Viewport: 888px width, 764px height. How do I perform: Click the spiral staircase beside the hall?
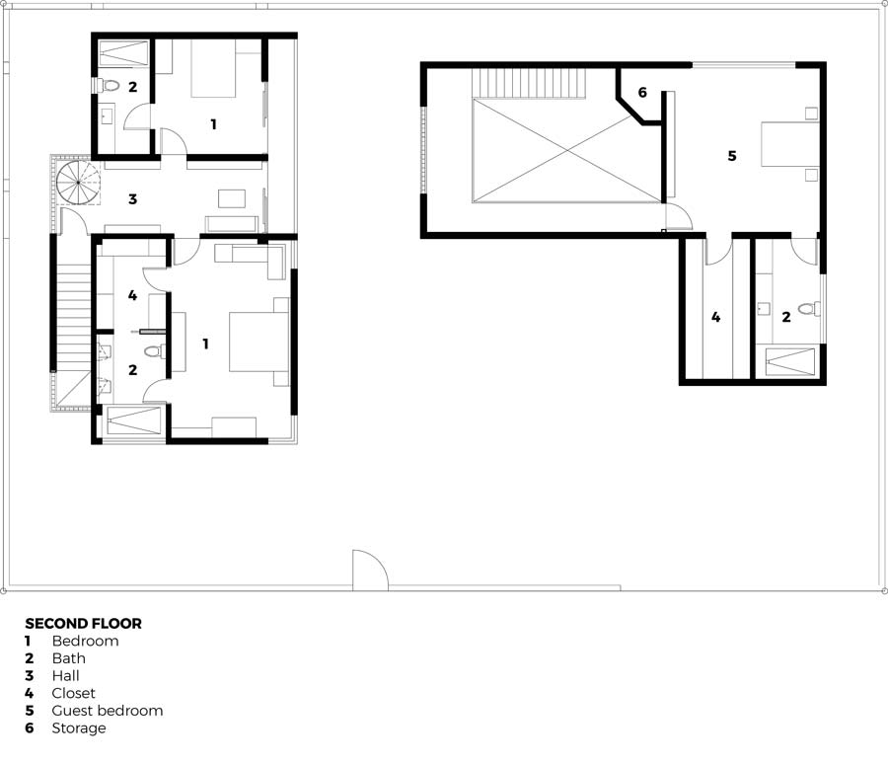click(78, 182)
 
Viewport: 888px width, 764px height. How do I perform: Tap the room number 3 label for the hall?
click(132, 199)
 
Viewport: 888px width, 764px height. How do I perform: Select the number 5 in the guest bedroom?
click(732, 156)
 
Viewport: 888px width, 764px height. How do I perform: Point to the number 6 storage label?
click(642, 93)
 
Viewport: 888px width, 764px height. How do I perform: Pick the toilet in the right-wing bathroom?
click(809, 309)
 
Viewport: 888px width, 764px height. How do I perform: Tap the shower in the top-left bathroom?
click(123, 54)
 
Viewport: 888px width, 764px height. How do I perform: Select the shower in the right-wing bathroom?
click(790, 362)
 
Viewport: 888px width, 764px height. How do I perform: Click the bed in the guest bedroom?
click(790, 144)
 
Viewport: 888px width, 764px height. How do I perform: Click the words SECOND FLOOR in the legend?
click(83, 624)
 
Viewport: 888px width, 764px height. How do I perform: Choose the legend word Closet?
click(74, 693)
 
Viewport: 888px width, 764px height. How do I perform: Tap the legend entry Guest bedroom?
click(107, 711)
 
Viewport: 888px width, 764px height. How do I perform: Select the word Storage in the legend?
click(79, 728)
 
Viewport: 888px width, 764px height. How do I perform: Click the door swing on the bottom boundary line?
click(370, 570)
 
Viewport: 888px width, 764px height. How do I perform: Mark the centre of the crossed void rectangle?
click(567, 150)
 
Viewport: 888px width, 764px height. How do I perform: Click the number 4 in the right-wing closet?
click(716, 318)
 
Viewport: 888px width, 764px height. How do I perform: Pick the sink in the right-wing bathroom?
click(764, 308)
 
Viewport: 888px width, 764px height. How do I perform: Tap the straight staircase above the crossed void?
click(529, 83)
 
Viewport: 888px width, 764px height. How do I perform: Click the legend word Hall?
click(66, 675)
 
